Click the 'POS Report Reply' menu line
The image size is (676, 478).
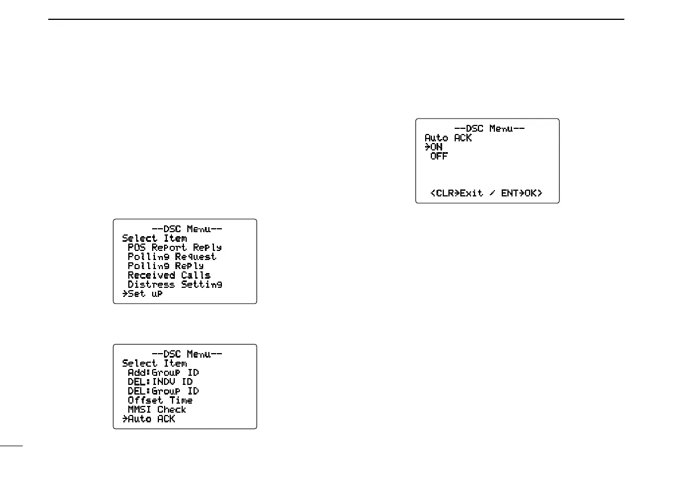coord(174,248)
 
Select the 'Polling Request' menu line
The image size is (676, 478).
coord(172,257)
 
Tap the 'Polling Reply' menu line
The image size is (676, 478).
coord(165,266)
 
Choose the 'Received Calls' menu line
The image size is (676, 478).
coord(169,275)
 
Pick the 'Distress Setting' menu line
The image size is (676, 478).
coord(174,284)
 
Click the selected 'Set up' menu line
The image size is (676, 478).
coord(145,293)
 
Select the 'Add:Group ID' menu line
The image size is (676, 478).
coord(163,372)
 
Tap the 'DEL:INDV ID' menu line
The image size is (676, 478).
coord(160,381)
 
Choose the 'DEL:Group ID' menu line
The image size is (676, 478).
coord(163,391)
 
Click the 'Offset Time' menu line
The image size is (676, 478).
coord(160,400)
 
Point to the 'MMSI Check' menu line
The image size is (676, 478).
coord(157,409)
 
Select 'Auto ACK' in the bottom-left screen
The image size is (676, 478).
coord(152,419)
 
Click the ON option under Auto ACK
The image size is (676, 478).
coord(436,147)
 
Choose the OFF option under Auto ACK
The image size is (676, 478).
coord(439,156)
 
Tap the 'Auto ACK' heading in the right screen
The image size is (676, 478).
coord(448,138)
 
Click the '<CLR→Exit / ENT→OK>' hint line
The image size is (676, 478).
coord(486,193)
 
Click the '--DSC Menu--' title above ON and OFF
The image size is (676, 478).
coord(489,128)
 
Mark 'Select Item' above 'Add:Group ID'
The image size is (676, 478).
coord(154,363)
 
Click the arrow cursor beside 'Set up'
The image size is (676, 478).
coord(125,293)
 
